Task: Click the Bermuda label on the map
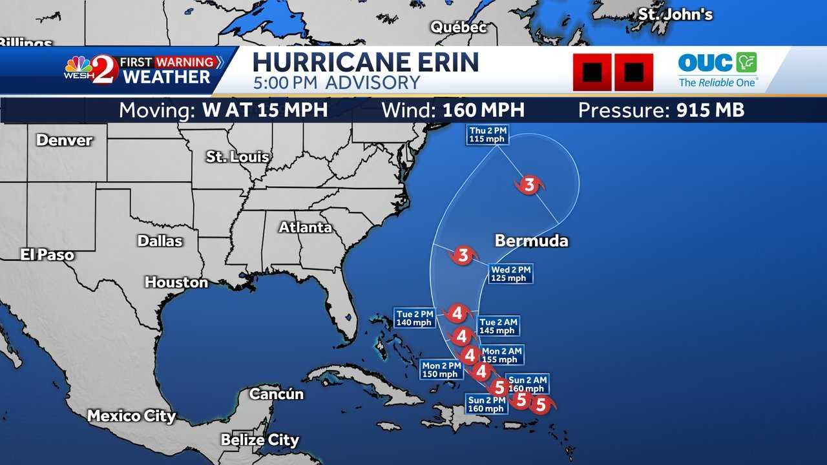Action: [x=531, y=241]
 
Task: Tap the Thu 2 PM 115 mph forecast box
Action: [x=488, y=135]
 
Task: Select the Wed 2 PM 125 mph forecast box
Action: [x=511, y=274]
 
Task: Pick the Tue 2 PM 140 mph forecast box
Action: [x=414, y=318]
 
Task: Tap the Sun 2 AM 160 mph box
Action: [x=527, y=384]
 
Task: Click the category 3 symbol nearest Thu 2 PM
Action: [x=529, y=186]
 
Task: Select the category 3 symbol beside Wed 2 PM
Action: [x=463, y=255]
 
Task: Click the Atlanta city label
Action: [x=305, y=227]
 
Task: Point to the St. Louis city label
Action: [x=237, y=157]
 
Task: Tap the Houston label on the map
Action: [x=176, y=282]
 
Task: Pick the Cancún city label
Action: [x=276, y=393]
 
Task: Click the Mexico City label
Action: [x=131, y=416]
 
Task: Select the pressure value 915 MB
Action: [x=710, y=110]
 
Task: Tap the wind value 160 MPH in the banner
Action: [x=483, y=110]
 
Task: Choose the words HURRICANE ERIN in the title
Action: [x=365, y=63]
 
